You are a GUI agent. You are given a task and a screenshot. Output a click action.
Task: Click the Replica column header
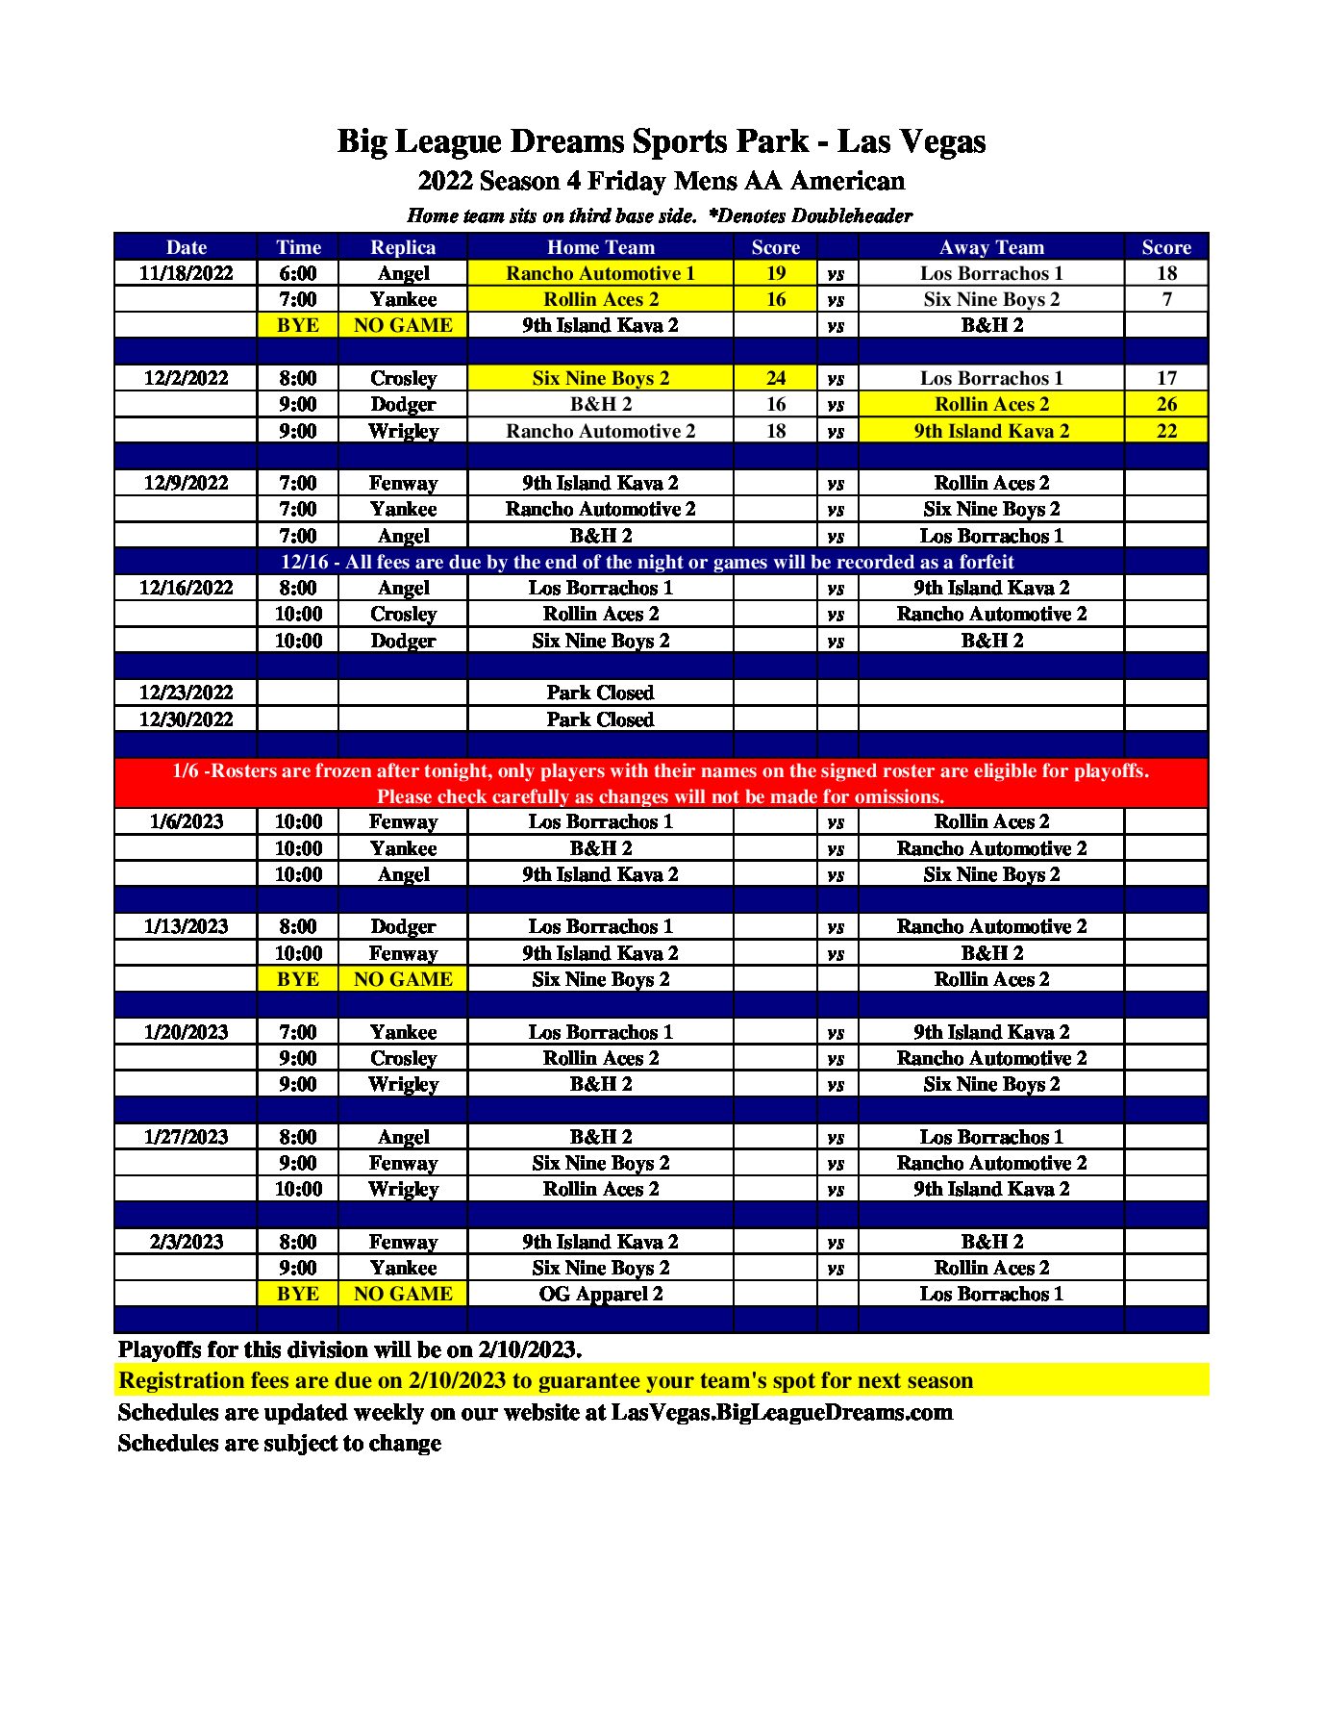pos(403,247)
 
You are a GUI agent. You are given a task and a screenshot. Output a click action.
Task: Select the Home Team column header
pos(600,247)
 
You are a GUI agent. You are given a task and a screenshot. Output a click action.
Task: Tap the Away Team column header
pos(990,247)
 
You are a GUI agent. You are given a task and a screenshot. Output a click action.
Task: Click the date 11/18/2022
pos(186,273)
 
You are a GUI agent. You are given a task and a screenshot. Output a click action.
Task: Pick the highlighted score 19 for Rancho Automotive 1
pos(775,273)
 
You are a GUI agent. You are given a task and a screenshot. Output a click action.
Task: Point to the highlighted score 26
pos(1165,404)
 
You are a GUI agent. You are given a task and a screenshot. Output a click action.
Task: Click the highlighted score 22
pos(1165,431)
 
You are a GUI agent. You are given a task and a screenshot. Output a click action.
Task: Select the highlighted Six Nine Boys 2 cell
pos(600,378)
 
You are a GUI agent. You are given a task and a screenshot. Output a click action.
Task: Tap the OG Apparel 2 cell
pos(600,1294)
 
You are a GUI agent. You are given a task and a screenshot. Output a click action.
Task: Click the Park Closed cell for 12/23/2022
pos(600,693)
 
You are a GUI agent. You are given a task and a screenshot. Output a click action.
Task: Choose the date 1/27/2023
pos(186,1137)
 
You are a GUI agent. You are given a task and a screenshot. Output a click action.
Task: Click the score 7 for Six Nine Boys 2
pos(1165,299)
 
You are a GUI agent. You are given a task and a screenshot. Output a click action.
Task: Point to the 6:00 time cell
pos(298,273)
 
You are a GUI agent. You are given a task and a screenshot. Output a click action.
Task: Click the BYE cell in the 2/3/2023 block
pos(298,1294)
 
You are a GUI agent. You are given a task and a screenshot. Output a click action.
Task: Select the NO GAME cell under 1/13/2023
pos(403,979)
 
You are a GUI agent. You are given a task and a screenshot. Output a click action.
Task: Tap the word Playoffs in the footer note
pos(159,1349)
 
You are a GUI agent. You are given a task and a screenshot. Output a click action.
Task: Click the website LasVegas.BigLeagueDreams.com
pos(782,1412)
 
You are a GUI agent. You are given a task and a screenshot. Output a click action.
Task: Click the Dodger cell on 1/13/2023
pos(403,926)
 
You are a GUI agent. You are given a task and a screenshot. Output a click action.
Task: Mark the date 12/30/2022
pos(186,719)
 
